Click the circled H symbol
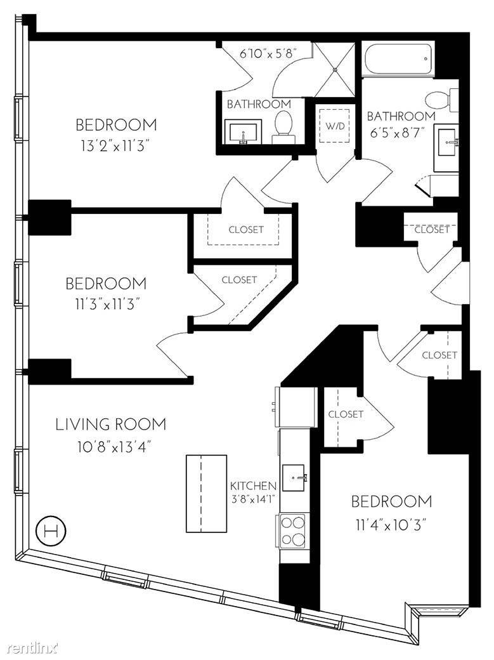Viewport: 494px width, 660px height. pyautogui.click(x=51, y=532)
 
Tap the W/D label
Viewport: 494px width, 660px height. pyautogui.click(x=335, y=126)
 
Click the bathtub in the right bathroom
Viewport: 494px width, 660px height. pyautogui.click(x=398, y=59)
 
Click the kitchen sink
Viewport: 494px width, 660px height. pyautogui.click(x=294, y=478)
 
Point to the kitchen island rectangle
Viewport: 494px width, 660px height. pyautogui.click(x=207, y=494)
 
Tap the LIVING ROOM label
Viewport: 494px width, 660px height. pyautogui.click(x=111, y=424)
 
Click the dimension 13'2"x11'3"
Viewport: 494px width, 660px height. pyautogui.click(x=115, y=147)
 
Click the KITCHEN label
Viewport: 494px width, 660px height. pyautogui.click(x=253, y=485)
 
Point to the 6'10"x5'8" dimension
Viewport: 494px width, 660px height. pyautogui.click(x=268, y=53)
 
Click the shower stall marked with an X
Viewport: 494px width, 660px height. pyautogui.click(x=335, y=69)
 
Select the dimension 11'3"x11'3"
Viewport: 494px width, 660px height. pyautogui.click(x=106, y=305)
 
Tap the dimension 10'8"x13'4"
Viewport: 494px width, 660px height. pyautogui.click(x=114, y=446)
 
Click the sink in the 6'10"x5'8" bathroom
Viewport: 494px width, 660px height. pyautogui.click(x=244, y=131)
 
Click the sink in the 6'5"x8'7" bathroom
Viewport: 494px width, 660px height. pyautogui.click(x=446, y=142)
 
